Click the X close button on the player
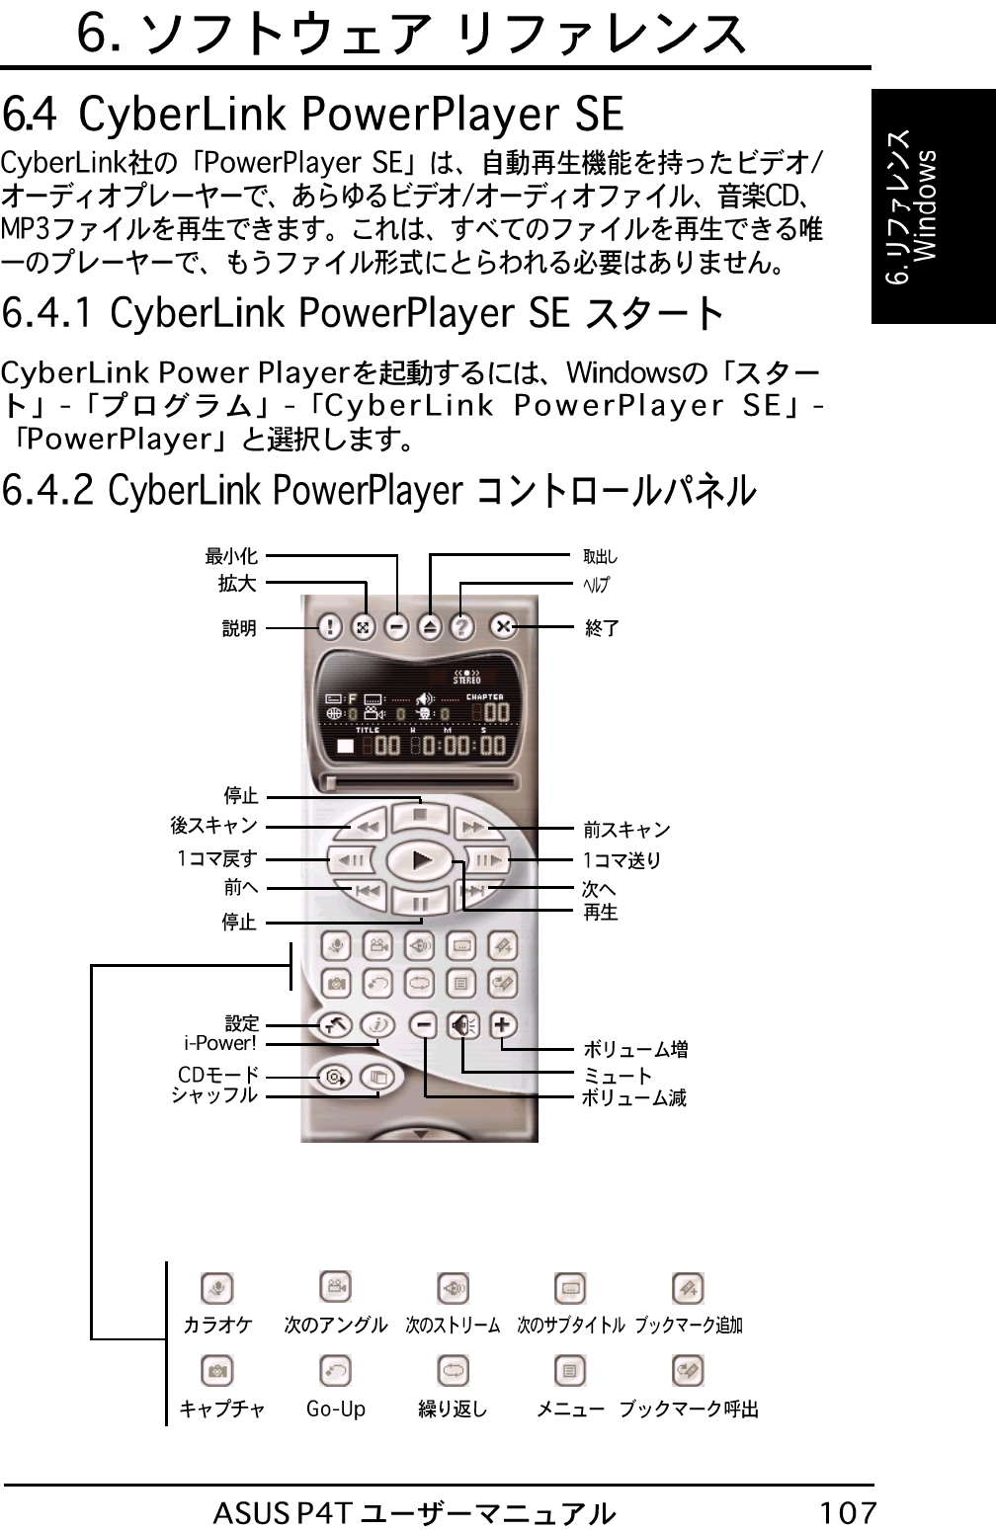(x=504, y=626)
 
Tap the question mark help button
(x=462, y=626)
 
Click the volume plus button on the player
(x=503, y=1024)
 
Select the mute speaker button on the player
(x=462, y=1025)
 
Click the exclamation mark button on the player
(x=330, y=626)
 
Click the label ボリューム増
(x=634, y=1049)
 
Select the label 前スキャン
(x=626, y=830)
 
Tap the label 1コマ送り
(x=622, y=860)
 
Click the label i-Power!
(x=220, y=1043)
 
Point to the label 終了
(x=602, y=627)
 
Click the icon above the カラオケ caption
(x=217, y=1288)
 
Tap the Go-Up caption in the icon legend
(x=336, y=1409)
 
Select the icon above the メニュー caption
(x=570, y=1371)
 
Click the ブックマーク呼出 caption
(x=689, y=1409)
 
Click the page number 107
(x=848, y=1512)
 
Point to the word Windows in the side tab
(x=927, y=206)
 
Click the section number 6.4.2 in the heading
(x=48, y=490)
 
